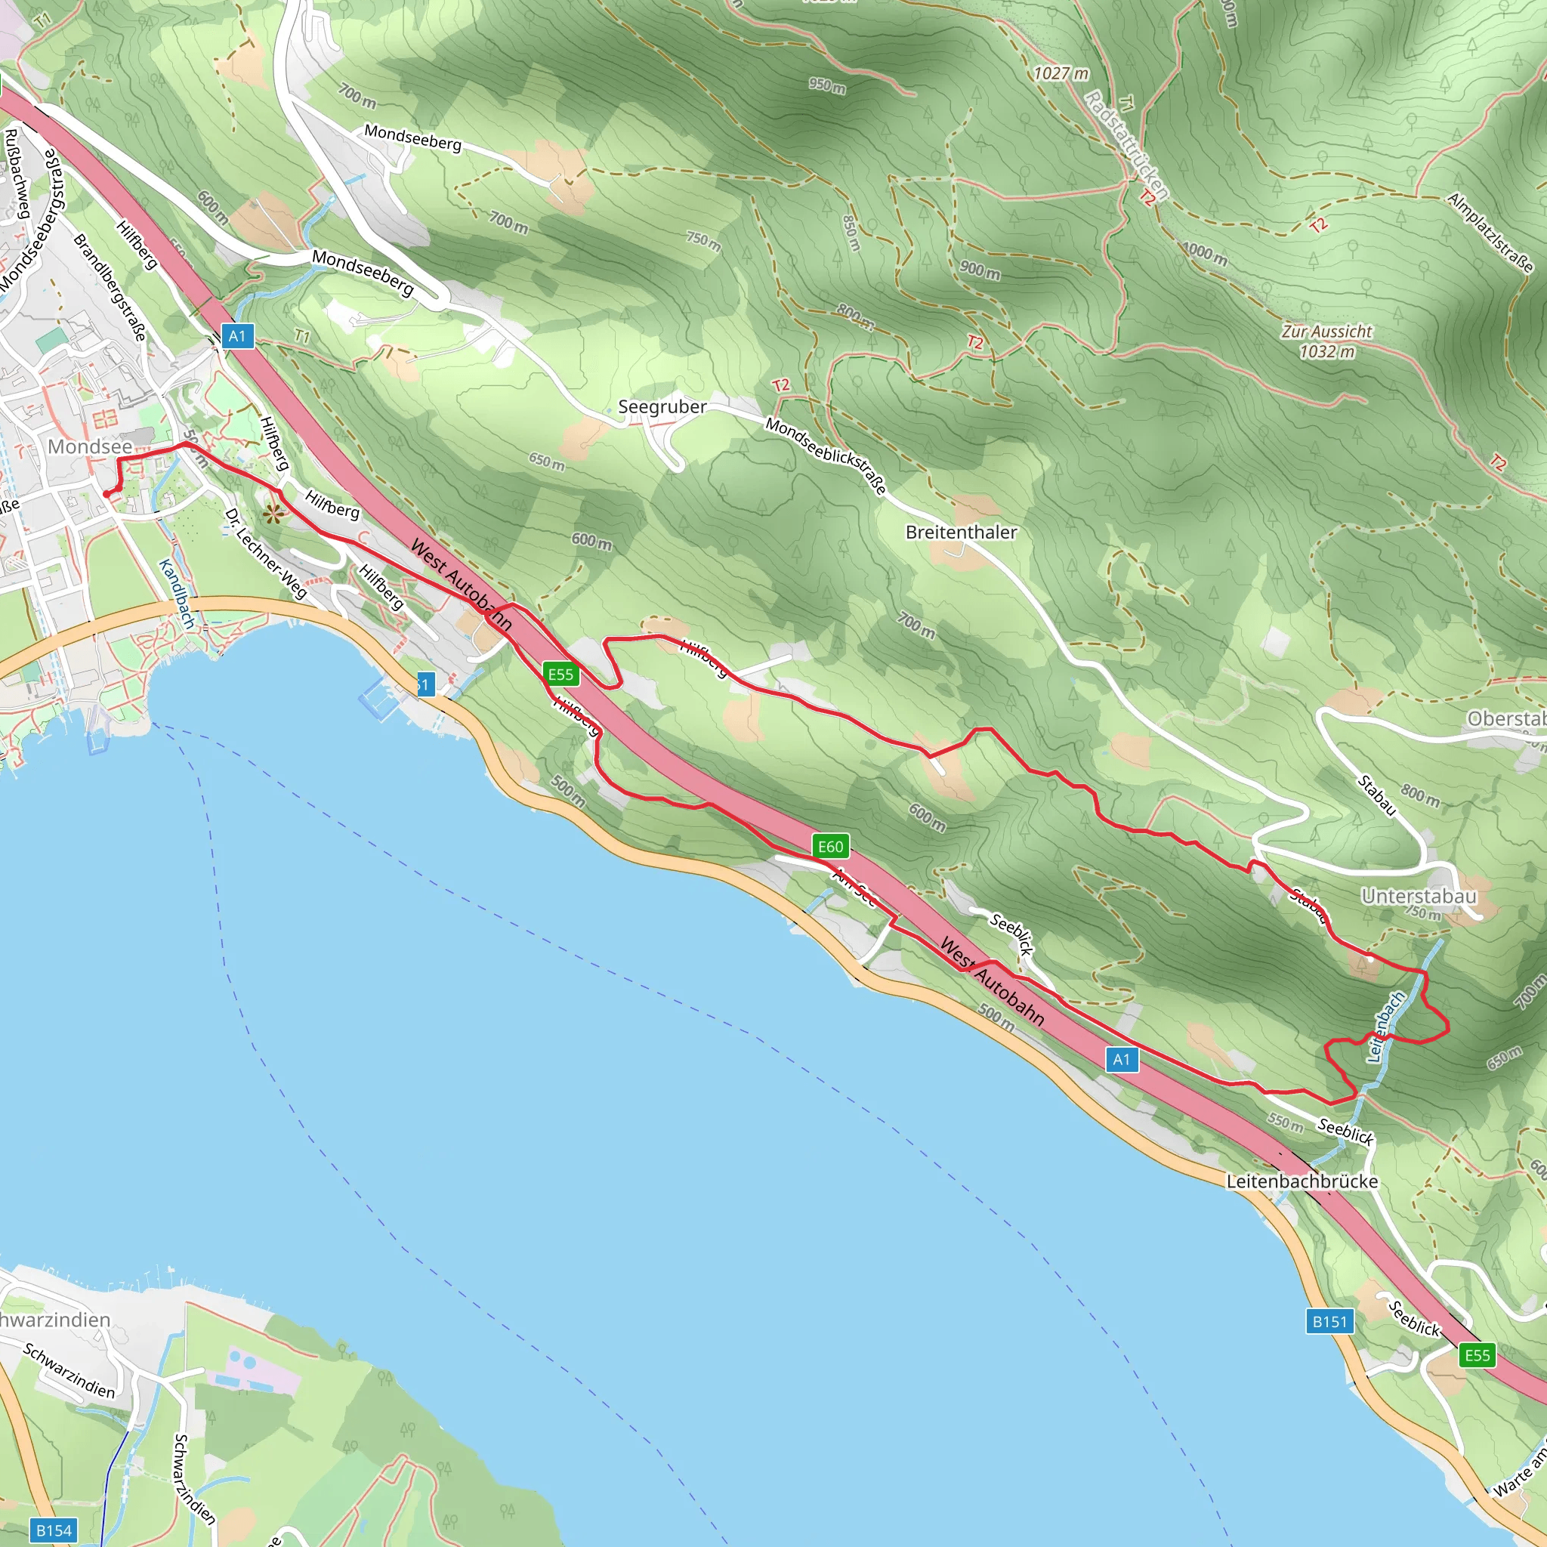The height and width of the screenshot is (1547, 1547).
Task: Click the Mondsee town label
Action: pos(90,447)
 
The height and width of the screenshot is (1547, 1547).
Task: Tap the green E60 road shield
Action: pos(830,846)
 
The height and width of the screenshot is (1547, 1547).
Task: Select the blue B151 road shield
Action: pos(1330,1321)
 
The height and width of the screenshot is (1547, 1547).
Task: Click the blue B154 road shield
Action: pos(54,1530)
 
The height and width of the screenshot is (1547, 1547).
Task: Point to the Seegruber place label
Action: pos(662,407)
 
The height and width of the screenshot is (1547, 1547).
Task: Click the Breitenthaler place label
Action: pos(961,533)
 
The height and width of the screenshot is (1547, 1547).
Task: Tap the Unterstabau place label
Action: pos(1419,896)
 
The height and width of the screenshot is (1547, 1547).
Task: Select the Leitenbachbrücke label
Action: pos(1302,1182)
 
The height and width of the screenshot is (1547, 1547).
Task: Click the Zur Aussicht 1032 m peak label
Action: pos(1326,341)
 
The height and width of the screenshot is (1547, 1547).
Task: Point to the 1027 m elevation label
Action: pos(1061,74)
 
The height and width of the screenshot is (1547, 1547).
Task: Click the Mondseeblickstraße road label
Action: pos(826,455)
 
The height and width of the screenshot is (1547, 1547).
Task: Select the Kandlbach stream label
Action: pos(177,593)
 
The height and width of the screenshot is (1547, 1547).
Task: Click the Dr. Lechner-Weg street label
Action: pos(266,553)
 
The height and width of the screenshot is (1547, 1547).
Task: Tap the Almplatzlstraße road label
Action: pos(1490,233)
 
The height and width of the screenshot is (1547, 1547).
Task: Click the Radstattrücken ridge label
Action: pos(1126,145)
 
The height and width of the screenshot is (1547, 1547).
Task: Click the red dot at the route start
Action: pos(107,494)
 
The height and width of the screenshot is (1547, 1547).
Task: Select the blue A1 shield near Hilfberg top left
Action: pos(237,335)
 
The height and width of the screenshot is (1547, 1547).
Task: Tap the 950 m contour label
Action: pos(827,85)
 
